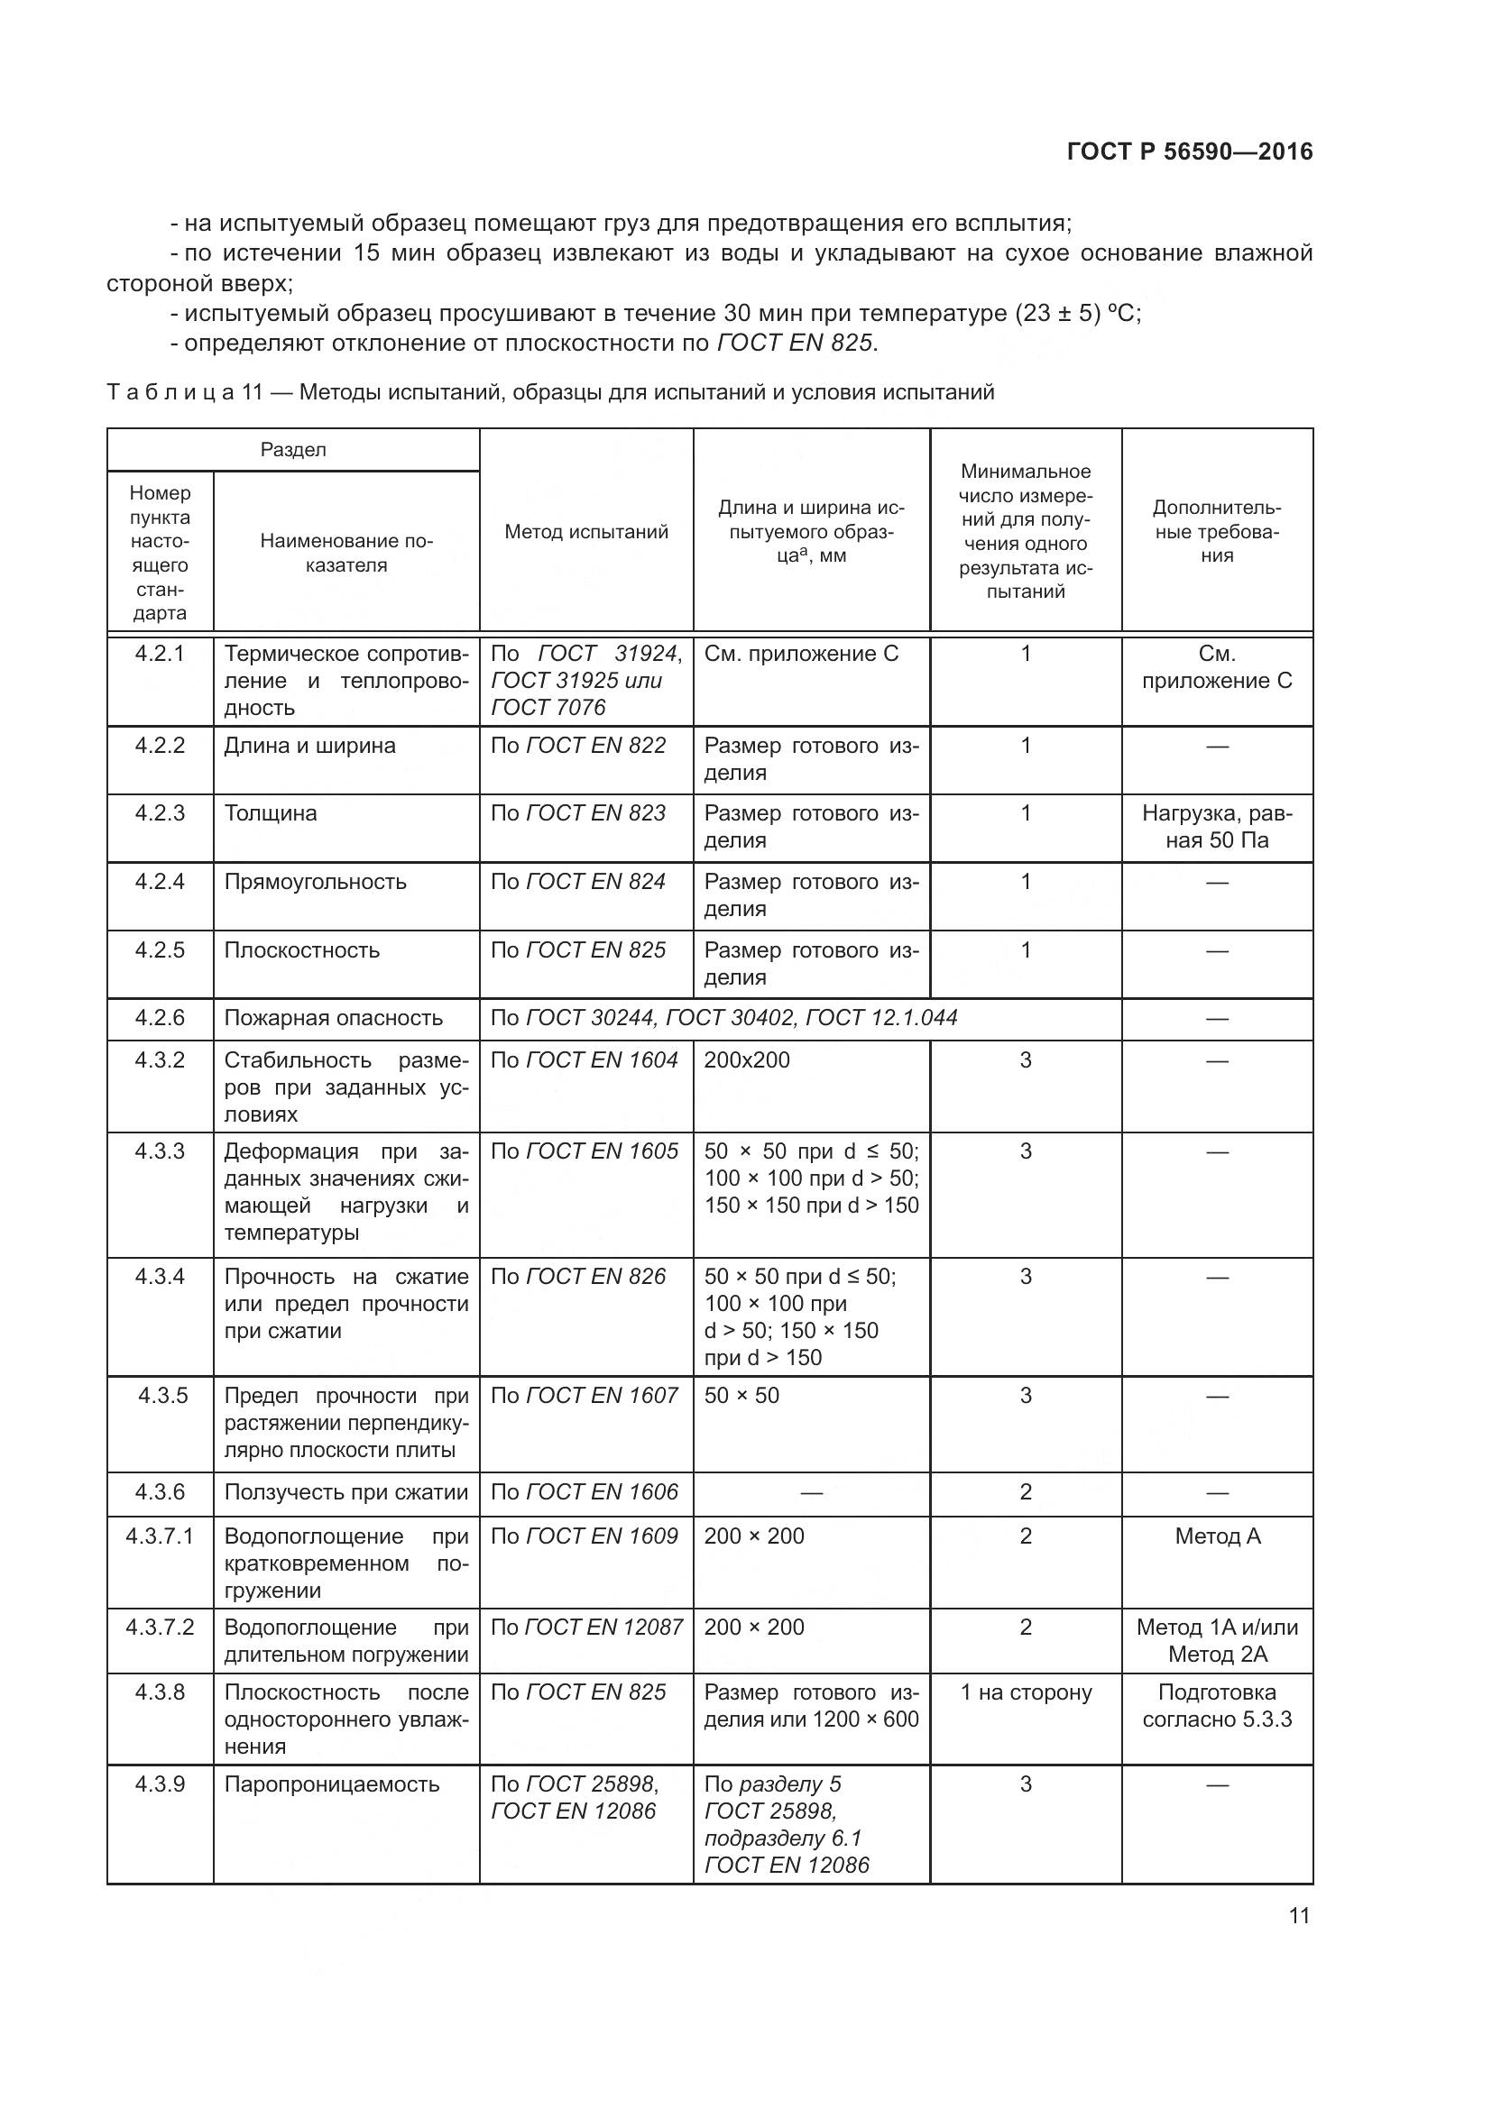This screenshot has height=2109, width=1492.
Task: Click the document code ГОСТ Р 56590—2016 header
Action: (1190, 152)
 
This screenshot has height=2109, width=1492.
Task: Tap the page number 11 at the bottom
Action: (1299, 1915)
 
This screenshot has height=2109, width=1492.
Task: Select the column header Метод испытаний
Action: (586, 532)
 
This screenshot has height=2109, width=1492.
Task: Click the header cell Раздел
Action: (293, 450)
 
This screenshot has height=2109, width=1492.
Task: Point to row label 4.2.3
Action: (160, 813)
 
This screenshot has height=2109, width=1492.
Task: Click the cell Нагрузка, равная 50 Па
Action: (1216, 827)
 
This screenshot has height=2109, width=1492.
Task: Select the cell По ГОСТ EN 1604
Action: (585, 1060)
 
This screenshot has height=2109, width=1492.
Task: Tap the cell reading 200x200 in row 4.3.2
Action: (747, 1060)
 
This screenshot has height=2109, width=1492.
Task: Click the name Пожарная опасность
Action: (334, 1018)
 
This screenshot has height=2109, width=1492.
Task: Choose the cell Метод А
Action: (1217, 1536)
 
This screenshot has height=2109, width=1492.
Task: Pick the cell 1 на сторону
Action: (1026, 1692)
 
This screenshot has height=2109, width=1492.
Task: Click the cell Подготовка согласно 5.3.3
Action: (1216, 1705)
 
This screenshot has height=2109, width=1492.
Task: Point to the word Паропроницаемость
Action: (332, 1783)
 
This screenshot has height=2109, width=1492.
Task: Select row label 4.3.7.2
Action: (160, 1628)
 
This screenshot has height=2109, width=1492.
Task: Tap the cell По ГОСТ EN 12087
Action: (586, 1628)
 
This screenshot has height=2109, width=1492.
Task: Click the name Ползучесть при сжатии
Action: (346, 1491)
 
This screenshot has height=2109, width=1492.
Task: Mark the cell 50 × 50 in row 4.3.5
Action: (741, 1396)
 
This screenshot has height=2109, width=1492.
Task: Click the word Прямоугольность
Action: (315, 882)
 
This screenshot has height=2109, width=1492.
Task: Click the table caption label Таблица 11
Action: (185, 393)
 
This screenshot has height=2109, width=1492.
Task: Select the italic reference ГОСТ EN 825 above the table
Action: (794, 344)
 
